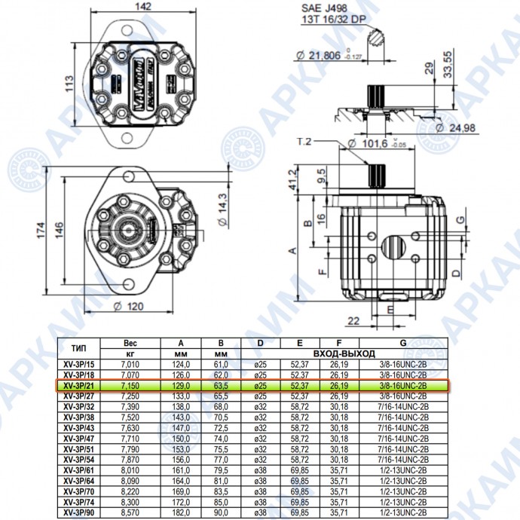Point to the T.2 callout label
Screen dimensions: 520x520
coord(305,142)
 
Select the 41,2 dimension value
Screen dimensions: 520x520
coord(293,180)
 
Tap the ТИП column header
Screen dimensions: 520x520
coord(78,348)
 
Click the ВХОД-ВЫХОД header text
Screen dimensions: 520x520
coord(344,353)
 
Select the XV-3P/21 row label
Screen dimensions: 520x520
coord(79,386)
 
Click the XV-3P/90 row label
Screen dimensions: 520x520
coord(79,512)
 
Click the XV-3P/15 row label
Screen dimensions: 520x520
coord(79,365)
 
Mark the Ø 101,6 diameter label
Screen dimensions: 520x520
coord(377,143)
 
